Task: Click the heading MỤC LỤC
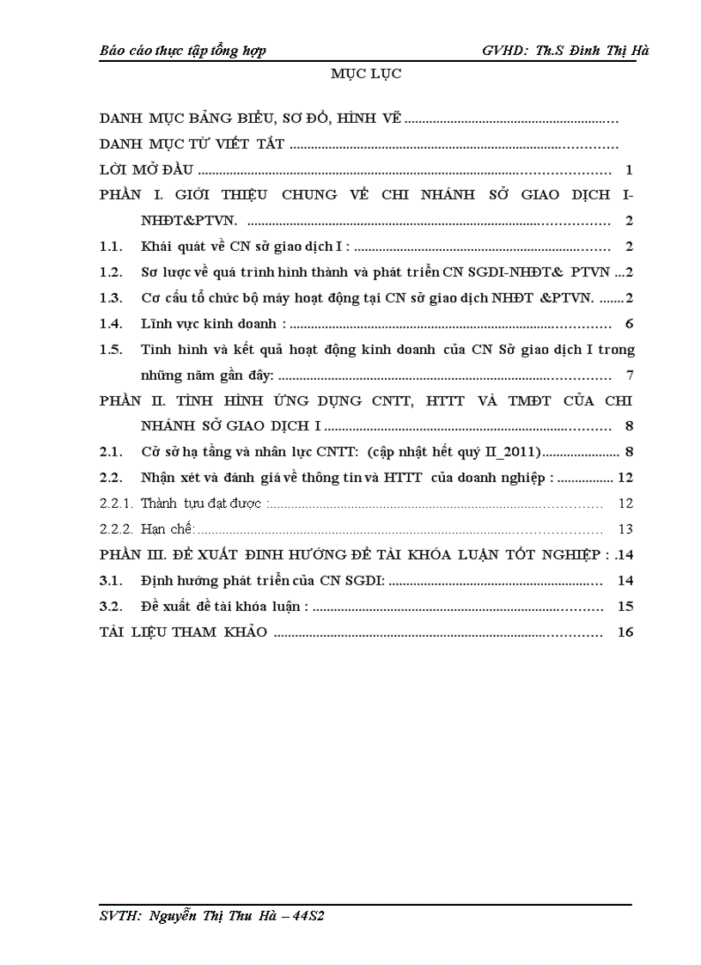point(366,74)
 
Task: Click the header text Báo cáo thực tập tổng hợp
point(183,50)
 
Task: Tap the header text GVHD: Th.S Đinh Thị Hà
point(565,50)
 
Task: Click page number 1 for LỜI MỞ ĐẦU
point(630,170)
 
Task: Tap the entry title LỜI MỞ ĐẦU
point(147,170)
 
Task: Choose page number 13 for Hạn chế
point(625,528)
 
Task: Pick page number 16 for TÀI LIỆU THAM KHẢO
point(625,632)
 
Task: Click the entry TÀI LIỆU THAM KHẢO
point(184,632)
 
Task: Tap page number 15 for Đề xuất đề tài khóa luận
point(625,606)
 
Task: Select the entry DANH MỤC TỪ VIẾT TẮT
point(192,144)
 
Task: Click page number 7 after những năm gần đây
point(630,376)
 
